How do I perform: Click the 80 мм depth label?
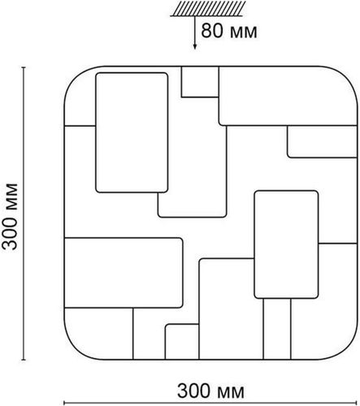pyautogui.click(x=229, y=31)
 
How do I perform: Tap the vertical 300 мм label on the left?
pyautogui.click(x=10, y=217)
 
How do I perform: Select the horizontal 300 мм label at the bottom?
pyautogui.click(x=210, y=391)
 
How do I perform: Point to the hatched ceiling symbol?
pyautogui.click(x=208, y=9)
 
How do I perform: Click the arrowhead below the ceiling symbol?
pyautogui.click(x=194, y=46)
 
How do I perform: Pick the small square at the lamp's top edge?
pyautogui.click(x=200, y=81)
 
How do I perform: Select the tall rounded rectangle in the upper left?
pyautogui.click(x=132, y=132)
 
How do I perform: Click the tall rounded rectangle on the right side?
pyautogui.click(x=286, y=244)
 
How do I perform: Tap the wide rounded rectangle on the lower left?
pyautogui.click(x=124, y=273)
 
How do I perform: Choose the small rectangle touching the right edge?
pyautogui.click(x=322, y=141)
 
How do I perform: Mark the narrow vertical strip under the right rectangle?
pyautogui.click(x=277, y=329)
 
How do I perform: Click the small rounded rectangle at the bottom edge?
pyautogui.click(x=182, y=342)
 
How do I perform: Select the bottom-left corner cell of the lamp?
pyautogui.click(x=98, y=334)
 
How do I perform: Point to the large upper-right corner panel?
pyautogui.click(x=288, y=96)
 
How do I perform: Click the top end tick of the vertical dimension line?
pyautogui.click(x=24, y=67)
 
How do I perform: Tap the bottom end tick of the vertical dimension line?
pyautogui.click(x=24, y=360)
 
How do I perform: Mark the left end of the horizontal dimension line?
pyautogui.click(x=64, y=403)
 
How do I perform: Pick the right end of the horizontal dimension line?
pyautogui.click(x=358, y=403)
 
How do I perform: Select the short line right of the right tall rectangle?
pyautogui.click(x=337, y=244)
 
